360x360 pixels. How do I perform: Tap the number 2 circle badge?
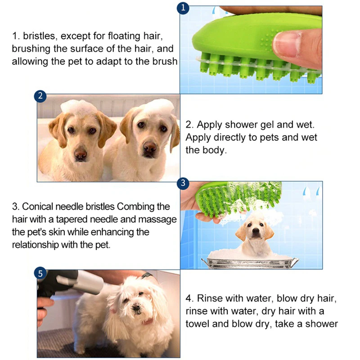pos(40,96)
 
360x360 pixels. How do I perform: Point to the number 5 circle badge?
pos(40,273)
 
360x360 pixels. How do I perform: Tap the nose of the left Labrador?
pos(81,154)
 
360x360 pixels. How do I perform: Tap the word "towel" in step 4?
pos(201,324)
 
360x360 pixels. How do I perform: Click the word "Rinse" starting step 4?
pos(211,298)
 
